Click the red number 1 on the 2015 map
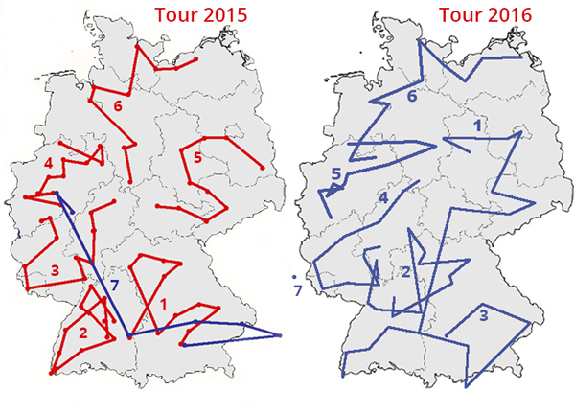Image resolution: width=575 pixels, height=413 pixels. tap(164, 306)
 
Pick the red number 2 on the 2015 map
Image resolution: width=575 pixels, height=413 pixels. tap(83, 333)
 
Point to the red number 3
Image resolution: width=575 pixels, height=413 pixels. tap(55, 270)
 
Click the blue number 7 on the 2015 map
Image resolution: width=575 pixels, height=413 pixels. tap(113, 286)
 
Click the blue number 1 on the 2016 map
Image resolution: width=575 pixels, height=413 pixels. tap(479, 126)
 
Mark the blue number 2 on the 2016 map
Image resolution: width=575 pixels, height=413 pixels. tap(405, 274)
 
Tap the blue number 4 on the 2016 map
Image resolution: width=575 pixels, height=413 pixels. tap(382, 198)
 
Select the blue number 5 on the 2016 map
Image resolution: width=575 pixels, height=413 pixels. tap(335, 174)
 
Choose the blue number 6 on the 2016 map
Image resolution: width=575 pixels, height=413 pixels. tap(412, 98)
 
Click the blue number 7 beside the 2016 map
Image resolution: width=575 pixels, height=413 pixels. tap(298, 289)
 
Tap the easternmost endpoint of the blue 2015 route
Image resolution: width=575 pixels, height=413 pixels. tap(281, 334)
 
